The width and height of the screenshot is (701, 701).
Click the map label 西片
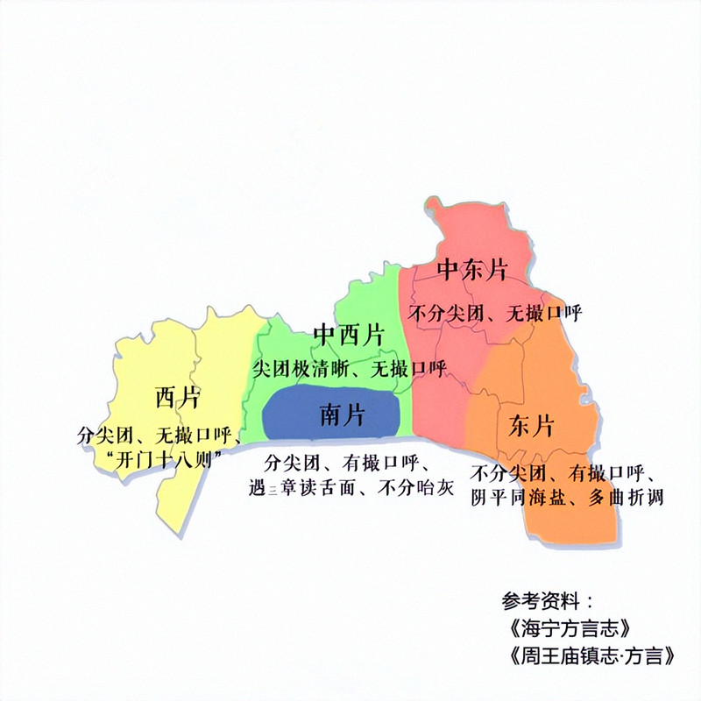coord(177,398)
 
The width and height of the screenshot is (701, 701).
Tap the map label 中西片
coord(349,335)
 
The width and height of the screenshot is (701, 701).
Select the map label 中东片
coord(473,269)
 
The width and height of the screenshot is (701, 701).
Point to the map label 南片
coord(343,414)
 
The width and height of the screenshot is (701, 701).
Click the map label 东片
coord(531,427)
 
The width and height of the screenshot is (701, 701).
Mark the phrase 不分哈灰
coord(412,489)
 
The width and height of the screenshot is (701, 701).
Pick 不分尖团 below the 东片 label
coord(507,474)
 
